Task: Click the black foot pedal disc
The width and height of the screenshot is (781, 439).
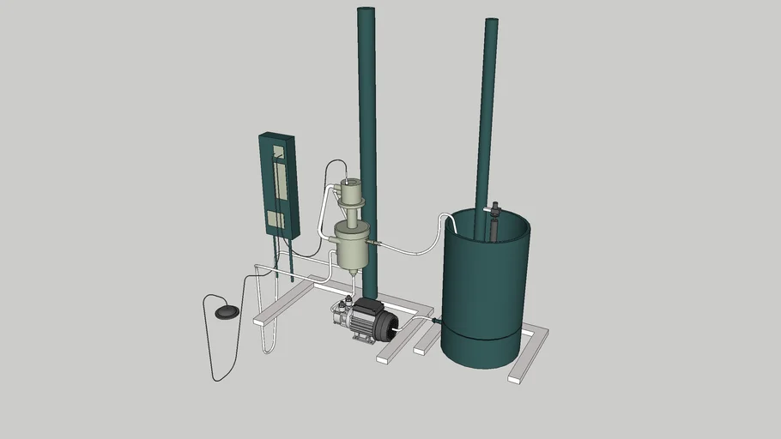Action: click(227, 311)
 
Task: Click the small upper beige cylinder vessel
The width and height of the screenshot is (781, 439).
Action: click(350, 190)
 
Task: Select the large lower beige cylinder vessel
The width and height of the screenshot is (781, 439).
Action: click(351, 244)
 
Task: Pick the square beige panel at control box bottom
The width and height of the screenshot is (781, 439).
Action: click(275, 219)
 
